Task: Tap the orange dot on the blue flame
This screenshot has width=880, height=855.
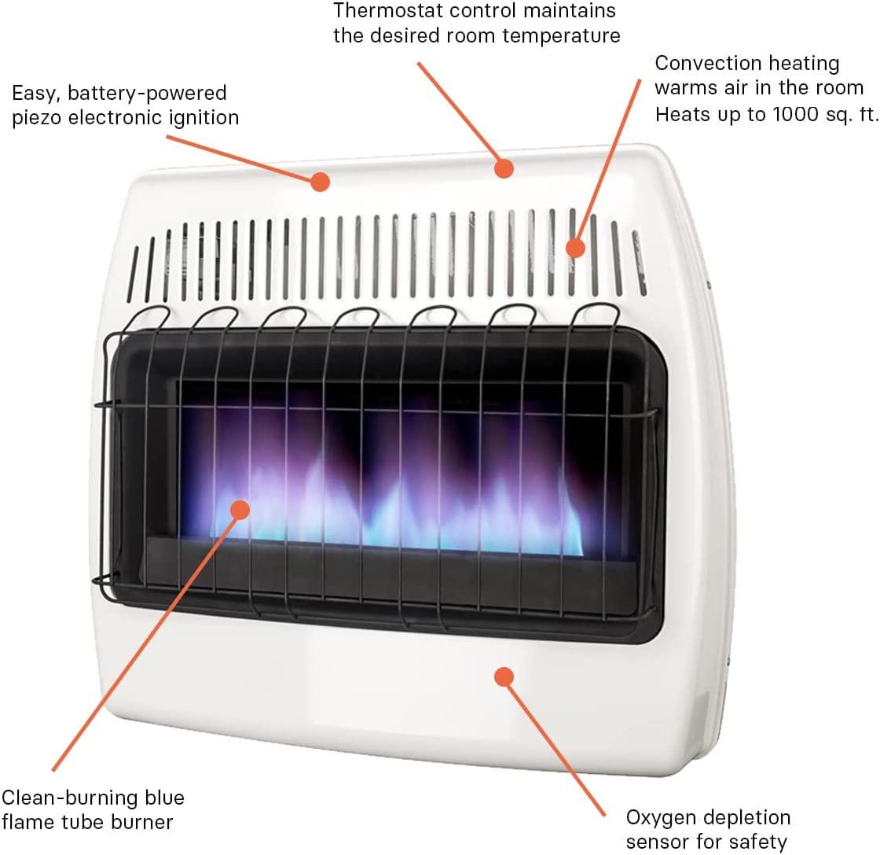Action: [x=240, y=510]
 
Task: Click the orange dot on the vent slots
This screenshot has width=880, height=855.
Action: [x=575, y=248]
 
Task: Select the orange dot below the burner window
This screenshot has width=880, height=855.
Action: [x=504, y=677]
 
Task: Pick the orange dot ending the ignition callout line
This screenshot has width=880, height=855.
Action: [x=320, y=182]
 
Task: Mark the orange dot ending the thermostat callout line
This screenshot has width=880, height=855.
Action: [x=504, y=168]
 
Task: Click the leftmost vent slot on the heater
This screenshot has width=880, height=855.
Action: [x=133, y=275]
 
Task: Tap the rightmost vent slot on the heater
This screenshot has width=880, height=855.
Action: [x=640, y=263]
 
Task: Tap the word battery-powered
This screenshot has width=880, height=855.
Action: [x=147, y=94]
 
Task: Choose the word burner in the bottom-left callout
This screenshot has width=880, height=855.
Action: [x=142, y=823]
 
